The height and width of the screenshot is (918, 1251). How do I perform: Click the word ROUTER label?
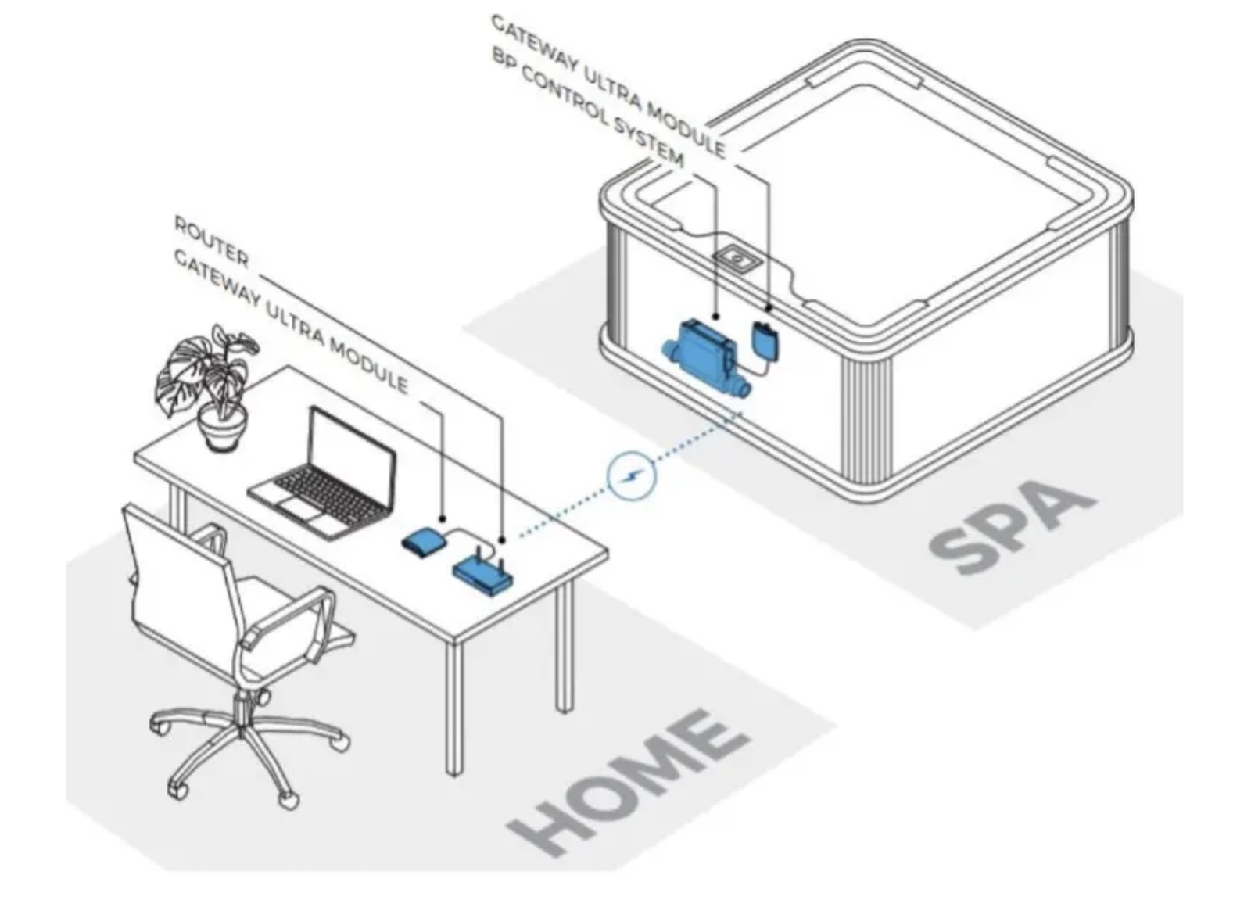pyautogui.click(x=211, y=242)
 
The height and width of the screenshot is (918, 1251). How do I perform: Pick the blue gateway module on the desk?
pyautogui.click(x=423, y=542)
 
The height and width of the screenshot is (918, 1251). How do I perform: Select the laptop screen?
pyautogui.click(x=351, y=457)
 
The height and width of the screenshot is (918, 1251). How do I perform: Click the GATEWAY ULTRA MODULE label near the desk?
pyautogui.click(x=290, y=321)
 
